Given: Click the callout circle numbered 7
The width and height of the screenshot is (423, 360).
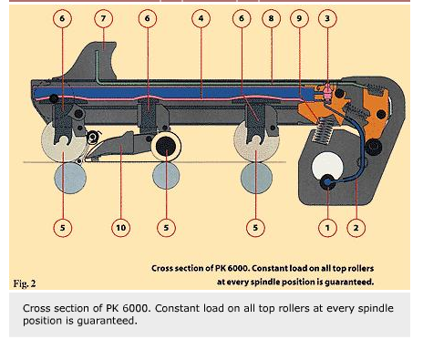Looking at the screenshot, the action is (x=103, y=18).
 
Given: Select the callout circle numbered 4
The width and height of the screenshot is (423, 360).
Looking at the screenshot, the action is (x=201, y=18).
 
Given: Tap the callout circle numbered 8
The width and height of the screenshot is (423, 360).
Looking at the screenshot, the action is (x=271, y=18).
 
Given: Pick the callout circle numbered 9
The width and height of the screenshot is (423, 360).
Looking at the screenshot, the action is (x=299, y=18).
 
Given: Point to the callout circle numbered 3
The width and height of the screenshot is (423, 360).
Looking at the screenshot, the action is (x=327, y=18).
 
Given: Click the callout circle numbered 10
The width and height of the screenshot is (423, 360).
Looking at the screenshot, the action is (x=120, y=228).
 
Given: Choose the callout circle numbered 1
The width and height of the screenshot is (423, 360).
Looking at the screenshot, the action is (x=327, y=228).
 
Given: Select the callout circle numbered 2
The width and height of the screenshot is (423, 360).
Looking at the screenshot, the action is (x=356, y=228).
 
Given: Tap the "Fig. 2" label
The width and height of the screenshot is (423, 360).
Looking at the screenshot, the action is (x=25, y=283).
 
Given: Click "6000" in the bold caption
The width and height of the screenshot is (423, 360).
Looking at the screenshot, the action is (x=238, y=268).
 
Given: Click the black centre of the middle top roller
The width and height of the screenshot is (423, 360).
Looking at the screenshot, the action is (x=166, y=146).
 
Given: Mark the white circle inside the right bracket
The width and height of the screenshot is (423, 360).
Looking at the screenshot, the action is (x=327, y=166).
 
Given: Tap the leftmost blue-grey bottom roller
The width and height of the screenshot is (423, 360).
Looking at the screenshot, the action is (x=70, y=178).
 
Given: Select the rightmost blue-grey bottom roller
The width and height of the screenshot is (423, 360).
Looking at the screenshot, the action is (x=256, y=178).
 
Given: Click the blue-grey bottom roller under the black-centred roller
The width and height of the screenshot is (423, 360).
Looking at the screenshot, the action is (x=166, y=176).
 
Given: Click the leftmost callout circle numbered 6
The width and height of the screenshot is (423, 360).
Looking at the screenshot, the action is (x=62, y=18).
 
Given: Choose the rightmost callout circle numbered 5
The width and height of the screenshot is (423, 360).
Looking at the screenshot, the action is (x=255, y=228).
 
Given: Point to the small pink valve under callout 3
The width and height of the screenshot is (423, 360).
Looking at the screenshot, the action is (x=327, y=91).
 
